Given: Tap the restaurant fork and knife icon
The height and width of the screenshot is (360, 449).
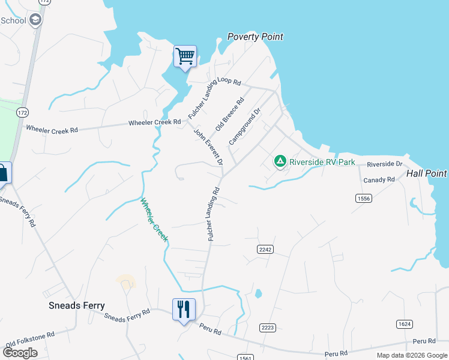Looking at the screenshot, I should tap(184, 310).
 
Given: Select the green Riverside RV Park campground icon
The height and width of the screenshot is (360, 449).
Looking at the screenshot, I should tap(280, 161).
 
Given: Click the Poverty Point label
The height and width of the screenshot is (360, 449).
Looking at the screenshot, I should tap(255, 37).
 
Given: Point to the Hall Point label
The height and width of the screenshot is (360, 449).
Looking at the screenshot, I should tap(426, 173).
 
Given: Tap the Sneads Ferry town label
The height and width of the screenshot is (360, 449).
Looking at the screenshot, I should tap(76, 305).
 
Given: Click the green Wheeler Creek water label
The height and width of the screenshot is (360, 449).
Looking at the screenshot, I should tap(155, 220).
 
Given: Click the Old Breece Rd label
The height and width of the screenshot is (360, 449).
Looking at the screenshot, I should tap(230, 114).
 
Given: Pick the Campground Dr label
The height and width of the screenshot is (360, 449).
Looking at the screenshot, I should tap(245, 127).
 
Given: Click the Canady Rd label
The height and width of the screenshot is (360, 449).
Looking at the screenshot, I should tap(379, 179).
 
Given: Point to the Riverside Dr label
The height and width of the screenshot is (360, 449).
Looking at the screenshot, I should tap(384, 164).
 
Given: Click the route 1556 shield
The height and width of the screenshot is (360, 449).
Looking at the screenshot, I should tap(363, 198).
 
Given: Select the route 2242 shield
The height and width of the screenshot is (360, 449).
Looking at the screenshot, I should tap(265, 249).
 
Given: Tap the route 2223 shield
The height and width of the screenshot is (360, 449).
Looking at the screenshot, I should tap(268, 327).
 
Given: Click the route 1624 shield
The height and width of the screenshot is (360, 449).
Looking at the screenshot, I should tap(405, 324).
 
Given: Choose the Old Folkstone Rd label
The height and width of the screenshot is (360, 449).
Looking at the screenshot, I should tap(30, 339).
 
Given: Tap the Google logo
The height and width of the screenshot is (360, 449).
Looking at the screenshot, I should tap(20, 353).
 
